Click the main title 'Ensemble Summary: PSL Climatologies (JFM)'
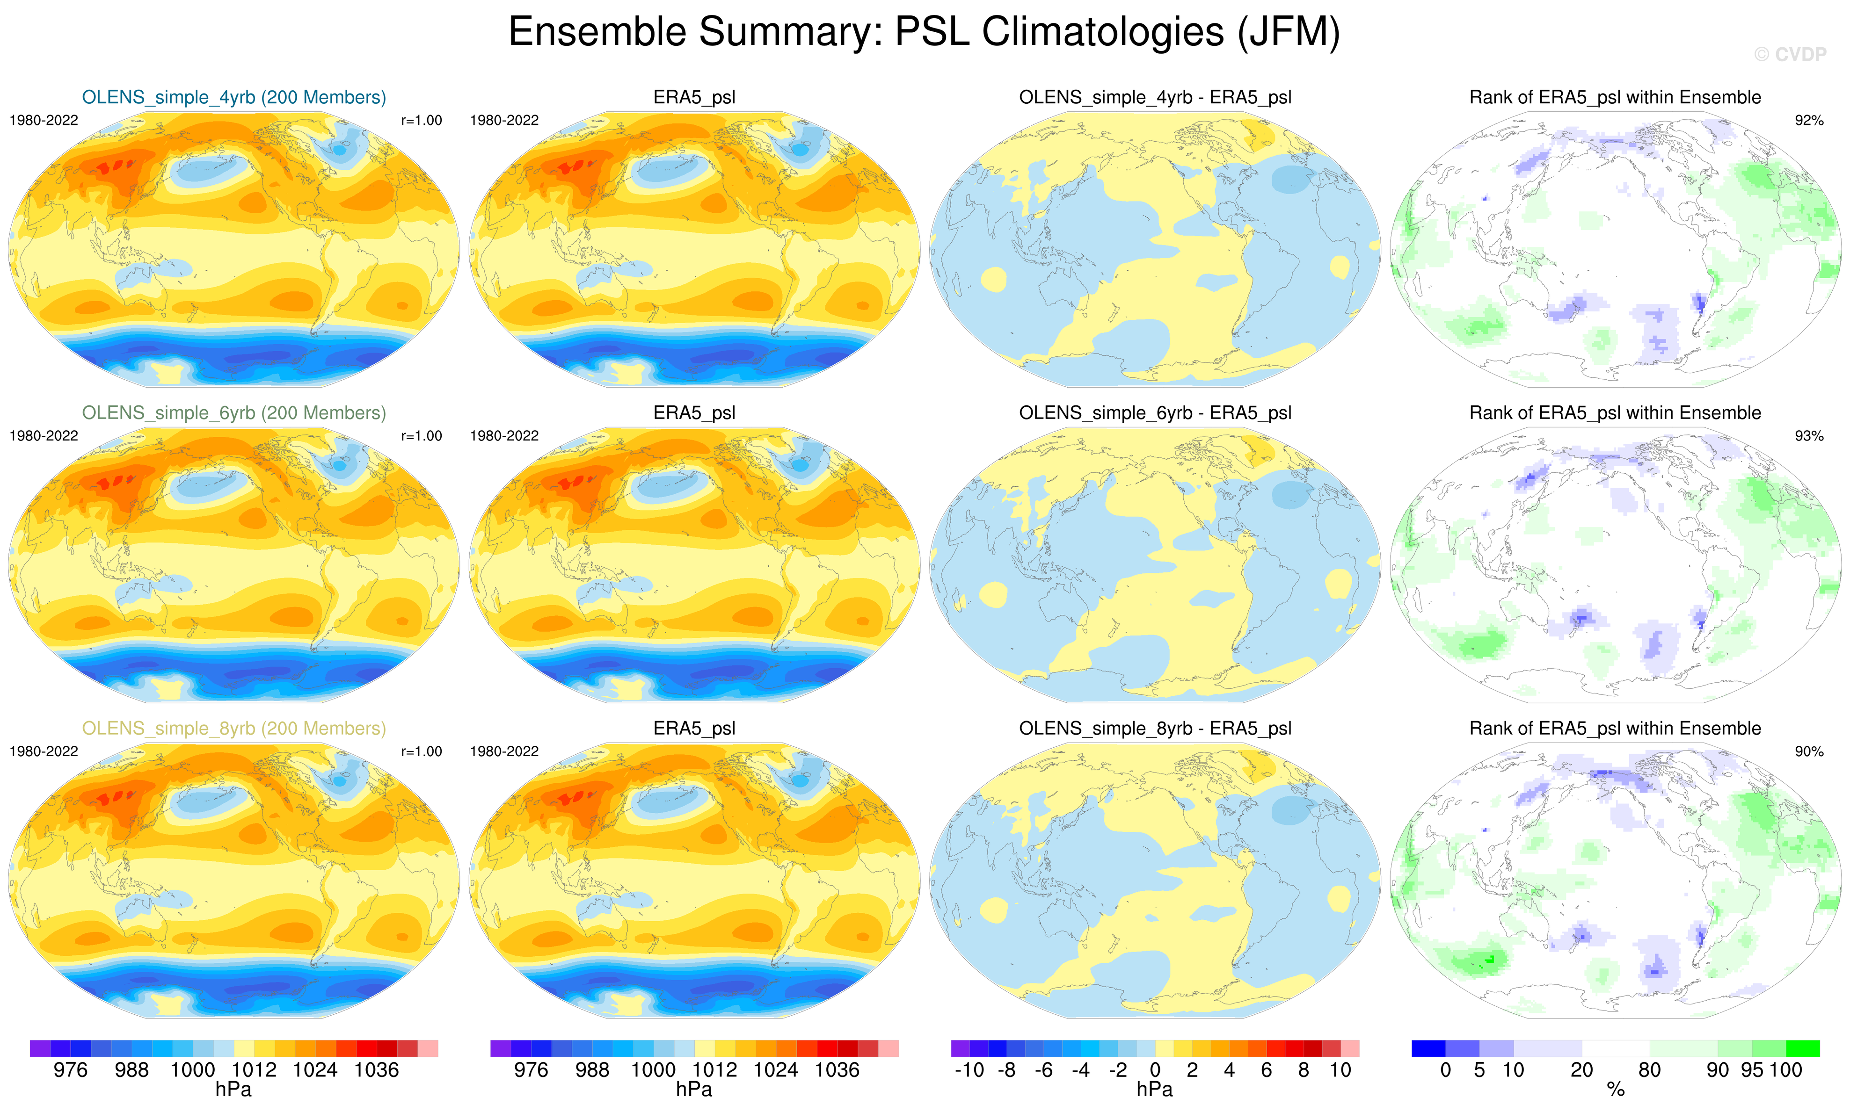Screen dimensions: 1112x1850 click(924, 32)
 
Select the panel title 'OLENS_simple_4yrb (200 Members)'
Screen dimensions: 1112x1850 click(234, 97)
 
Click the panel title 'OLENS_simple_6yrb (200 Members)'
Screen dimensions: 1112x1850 click(234, 413)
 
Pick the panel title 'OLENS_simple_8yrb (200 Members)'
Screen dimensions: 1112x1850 click(234, 729)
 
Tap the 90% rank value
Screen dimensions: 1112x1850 click(1809, 751)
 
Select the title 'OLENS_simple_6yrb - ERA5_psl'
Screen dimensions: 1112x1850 click(1154, 413)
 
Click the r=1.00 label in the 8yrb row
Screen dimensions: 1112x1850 click(421, 751)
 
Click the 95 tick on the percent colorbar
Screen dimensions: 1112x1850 click(1752, 1070)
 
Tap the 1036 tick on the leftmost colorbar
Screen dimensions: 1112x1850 click(376, 1070)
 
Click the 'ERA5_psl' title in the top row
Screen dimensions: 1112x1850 click(694, 97)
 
